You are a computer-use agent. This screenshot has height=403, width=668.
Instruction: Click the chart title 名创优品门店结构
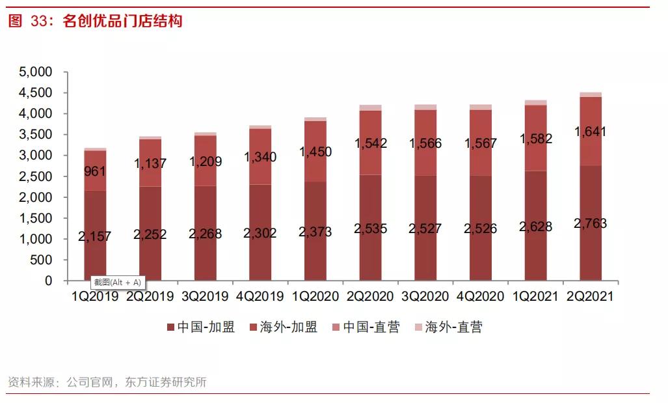click(x=122, y=21)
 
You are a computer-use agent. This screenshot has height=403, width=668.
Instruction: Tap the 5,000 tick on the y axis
click(x=35, y=72)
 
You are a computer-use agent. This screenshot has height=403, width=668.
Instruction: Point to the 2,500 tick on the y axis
click(x=35, y=176)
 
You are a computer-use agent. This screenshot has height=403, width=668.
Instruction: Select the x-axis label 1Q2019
click(x=95, y=297)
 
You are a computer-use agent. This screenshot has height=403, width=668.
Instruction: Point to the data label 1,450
click(x=315, y=152)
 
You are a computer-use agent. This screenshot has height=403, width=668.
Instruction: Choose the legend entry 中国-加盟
click(x=201, y=327)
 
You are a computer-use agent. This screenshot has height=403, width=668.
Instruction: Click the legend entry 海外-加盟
click(x=284, y=327)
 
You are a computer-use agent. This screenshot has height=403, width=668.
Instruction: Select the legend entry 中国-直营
click(x=366, y=327)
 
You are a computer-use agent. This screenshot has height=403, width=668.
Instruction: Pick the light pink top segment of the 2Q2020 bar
click(x=370, y=107)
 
